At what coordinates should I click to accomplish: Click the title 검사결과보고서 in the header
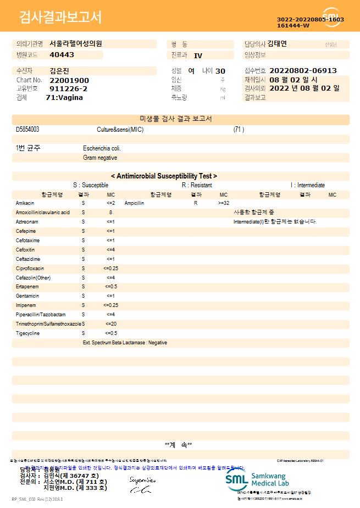coord(60,18)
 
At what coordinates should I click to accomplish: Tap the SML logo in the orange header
coord(331,15)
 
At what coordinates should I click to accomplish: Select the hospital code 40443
coord(62,55)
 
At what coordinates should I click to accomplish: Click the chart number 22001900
coord(69,80)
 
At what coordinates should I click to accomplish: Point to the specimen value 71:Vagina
coord(64,97)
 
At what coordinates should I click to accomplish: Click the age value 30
coord(220,71)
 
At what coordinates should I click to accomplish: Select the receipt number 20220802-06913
coord(303,71)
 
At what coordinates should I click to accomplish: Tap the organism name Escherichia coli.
coord(102,148)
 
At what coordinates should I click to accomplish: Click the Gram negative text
coord(100,158)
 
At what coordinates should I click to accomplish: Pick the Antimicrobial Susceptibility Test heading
coord(164,176)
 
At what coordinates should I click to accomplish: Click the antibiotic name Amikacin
coord(25,203)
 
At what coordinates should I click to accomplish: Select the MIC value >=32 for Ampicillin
coord(224,203)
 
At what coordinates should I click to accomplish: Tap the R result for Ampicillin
coord(195,203)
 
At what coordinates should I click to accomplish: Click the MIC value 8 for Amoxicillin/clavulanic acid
coord(110,213)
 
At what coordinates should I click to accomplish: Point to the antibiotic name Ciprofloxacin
coord(30,269)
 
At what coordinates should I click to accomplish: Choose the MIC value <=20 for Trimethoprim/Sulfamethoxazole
coord(110,324)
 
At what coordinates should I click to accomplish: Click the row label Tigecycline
coord(28,333)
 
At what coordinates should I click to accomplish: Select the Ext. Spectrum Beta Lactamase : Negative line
coord(125,343)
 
